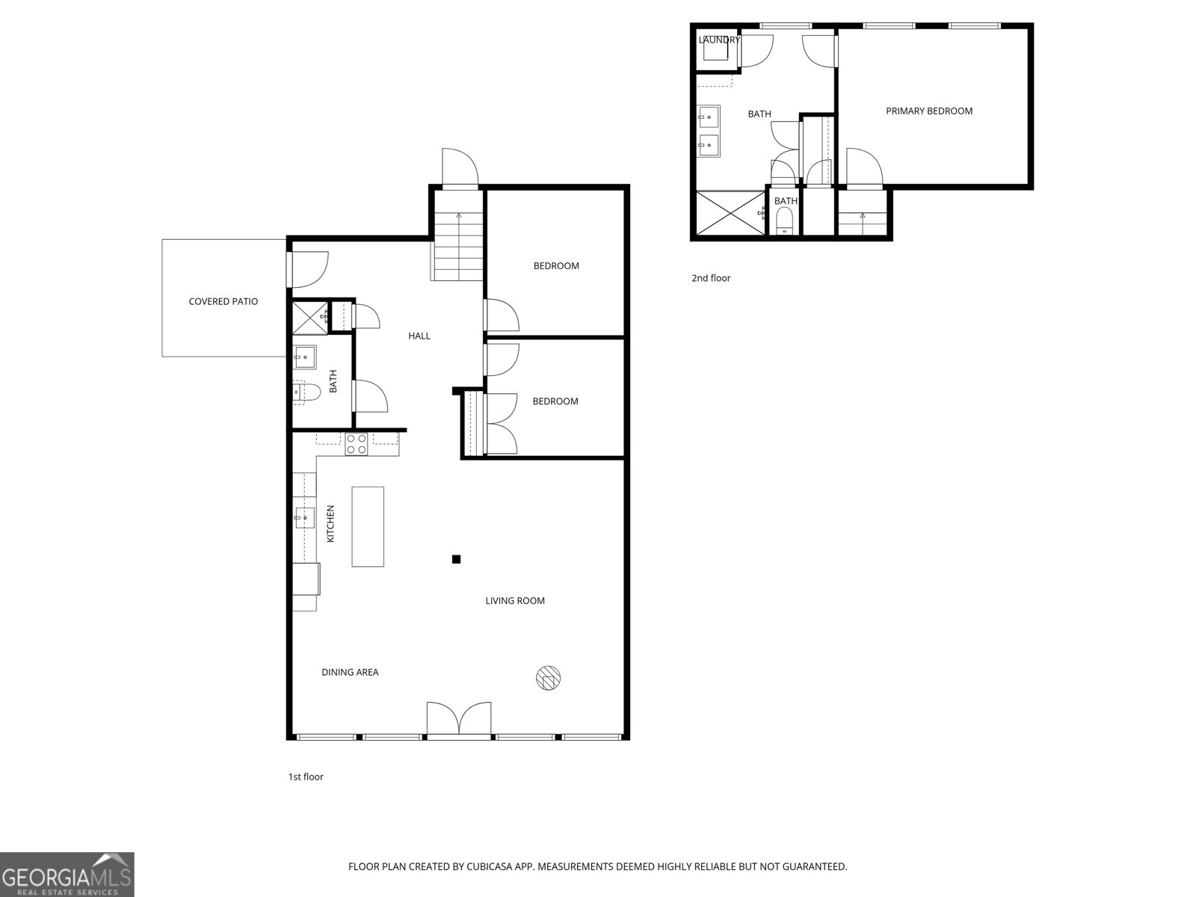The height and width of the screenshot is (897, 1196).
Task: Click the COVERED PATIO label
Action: click(x=223, y=301)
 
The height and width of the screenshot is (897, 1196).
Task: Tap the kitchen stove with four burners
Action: click(x=356, y=445)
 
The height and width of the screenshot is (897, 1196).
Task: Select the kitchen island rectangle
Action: click(x=368, y=526)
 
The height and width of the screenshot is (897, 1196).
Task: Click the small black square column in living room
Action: click(x=456, y=558)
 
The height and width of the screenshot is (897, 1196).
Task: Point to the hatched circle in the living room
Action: click(x=549, y=677)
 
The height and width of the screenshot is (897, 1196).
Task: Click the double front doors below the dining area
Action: click(x=459, y=719)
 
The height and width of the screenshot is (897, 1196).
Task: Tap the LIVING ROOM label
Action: click(x=515, y=600)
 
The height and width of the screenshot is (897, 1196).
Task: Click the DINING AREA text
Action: click(x=350, y=672)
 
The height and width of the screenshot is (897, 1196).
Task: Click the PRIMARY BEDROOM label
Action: click(x=929, y=111)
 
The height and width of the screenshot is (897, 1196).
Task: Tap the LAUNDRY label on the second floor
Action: click(x=718, y=40)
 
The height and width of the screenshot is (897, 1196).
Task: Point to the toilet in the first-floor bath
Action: click(x=306, y=391)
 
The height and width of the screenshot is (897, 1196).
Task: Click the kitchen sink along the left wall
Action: click(x=304, y=517)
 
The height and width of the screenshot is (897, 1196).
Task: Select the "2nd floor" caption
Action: click(x=710, y=278)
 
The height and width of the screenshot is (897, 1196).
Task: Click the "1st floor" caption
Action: click(x=306, y=777)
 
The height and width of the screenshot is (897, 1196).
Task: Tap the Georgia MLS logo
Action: click(x=67, y=875)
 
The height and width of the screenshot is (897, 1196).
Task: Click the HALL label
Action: click(x=419, y=336)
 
